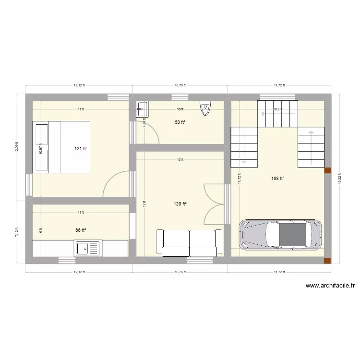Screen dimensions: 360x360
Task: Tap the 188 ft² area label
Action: click(x=277, y=179)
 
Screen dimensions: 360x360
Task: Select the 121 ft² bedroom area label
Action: click(x=81, y=148)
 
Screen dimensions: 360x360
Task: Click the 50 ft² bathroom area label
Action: click(x=180, y=122)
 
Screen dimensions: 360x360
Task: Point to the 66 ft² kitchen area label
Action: click(x=81, y=230)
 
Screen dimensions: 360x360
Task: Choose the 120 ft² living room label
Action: click(x=180, y=204)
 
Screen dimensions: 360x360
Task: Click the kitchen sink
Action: click(x=87, y=249)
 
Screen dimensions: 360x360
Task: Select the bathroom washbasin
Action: click(x=143, y=109)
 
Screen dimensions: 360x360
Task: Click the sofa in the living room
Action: click(x=189, y=242)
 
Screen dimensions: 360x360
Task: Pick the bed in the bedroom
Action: click(x=61, y=146)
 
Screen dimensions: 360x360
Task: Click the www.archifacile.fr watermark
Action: click(x=330, y=286)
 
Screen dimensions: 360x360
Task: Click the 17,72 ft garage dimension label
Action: click(x=239, y=179)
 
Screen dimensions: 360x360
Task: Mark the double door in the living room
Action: click(x=214, y=204)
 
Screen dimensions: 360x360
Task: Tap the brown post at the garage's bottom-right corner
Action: click(x=327, y=261)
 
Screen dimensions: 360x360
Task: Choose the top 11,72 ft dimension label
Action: click(x=279, y=85)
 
